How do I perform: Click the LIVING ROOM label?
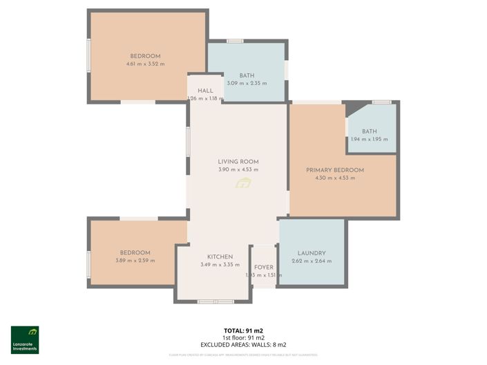(x=238, y=162)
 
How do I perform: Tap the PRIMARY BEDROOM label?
(x=335, y=170)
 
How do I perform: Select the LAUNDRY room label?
(x=312, y=254)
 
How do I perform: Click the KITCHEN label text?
(x=220, y=256)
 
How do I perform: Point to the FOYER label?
(x=264, y=267)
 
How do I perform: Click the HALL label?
(x=205, y=91)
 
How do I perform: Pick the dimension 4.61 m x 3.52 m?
(x=145, y=64)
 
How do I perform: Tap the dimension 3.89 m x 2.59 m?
(x=135, y=261)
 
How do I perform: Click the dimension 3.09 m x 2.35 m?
(x=247, y=83)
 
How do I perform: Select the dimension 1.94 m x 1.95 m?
(x=369, y=139)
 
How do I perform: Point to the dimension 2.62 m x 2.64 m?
(x=312, y=261)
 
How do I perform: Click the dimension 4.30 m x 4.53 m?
(x=335, y=178)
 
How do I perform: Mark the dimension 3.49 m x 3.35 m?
(x=220, y=264)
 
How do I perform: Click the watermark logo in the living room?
(x=243, y=183)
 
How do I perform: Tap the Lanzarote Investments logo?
(x=25, y=339)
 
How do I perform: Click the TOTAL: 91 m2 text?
(x=243, y=330)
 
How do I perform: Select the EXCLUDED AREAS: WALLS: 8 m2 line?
(x=243, y=344)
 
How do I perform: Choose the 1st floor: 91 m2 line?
(x=243, y=337)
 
